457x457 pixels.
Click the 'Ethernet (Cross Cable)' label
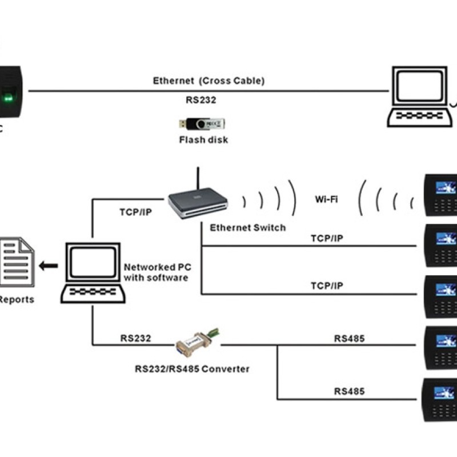click(209, 81)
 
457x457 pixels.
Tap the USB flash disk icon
click(202, 123)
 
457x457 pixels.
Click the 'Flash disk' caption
click(203, 140)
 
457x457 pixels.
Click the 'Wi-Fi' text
click(327, 200)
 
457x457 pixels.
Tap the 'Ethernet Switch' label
click(247, 227)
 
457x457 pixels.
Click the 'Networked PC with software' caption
click(156, 272)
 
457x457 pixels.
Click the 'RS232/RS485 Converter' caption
click(192, 369)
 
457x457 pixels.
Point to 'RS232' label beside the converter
click(135, 338)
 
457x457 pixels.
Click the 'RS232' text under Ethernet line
click(201, 100)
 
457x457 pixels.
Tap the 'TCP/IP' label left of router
click(135, 211)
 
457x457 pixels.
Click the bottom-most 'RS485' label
click(349, 391)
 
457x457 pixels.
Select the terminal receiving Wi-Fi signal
click(440, 194)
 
